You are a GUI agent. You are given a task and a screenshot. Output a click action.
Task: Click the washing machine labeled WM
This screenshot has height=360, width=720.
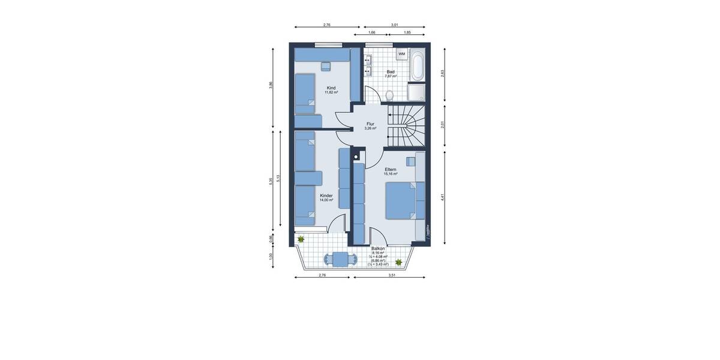[x=401, y=55]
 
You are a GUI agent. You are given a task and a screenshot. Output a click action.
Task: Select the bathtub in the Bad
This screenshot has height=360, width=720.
[x=417, y=66]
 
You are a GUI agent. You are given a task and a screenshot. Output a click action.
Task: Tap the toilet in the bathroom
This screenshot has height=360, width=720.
[x=390, y=95]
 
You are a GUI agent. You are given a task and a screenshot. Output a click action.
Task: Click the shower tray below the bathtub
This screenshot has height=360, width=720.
[x=417, y=91]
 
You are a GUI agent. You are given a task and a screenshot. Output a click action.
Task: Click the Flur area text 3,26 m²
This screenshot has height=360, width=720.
[x=370, y=128]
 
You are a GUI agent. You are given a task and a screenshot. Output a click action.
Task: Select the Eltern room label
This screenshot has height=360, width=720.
[x=391, y=169]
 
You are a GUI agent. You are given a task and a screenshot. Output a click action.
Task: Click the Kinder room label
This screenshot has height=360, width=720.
[x=326, y=196]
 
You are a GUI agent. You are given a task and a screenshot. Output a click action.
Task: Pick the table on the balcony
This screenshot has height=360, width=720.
[x=340, y=260]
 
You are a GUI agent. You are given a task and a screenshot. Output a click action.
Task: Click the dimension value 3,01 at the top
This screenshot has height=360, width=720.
[x=394, y=25]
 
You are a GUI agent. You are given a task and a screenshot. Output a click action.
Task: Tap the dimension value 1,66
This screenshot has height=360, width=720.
[x=372, y=32]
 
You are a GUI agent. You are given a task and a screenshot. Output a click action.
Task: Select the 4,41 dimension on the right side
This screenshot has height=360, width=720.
[x=443, y=196]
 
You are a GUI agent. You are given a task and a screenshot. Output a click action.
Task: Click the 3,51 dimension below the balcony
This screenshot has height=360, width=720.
[x=392, y=275]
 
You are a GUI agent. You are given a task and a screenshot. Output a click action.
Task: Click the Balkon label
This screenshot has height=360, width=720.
[x=378, y=248]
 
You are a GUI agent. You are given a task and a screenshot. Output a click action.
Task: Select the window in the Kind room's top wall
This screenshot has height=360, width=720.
[x=329, y=44]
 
